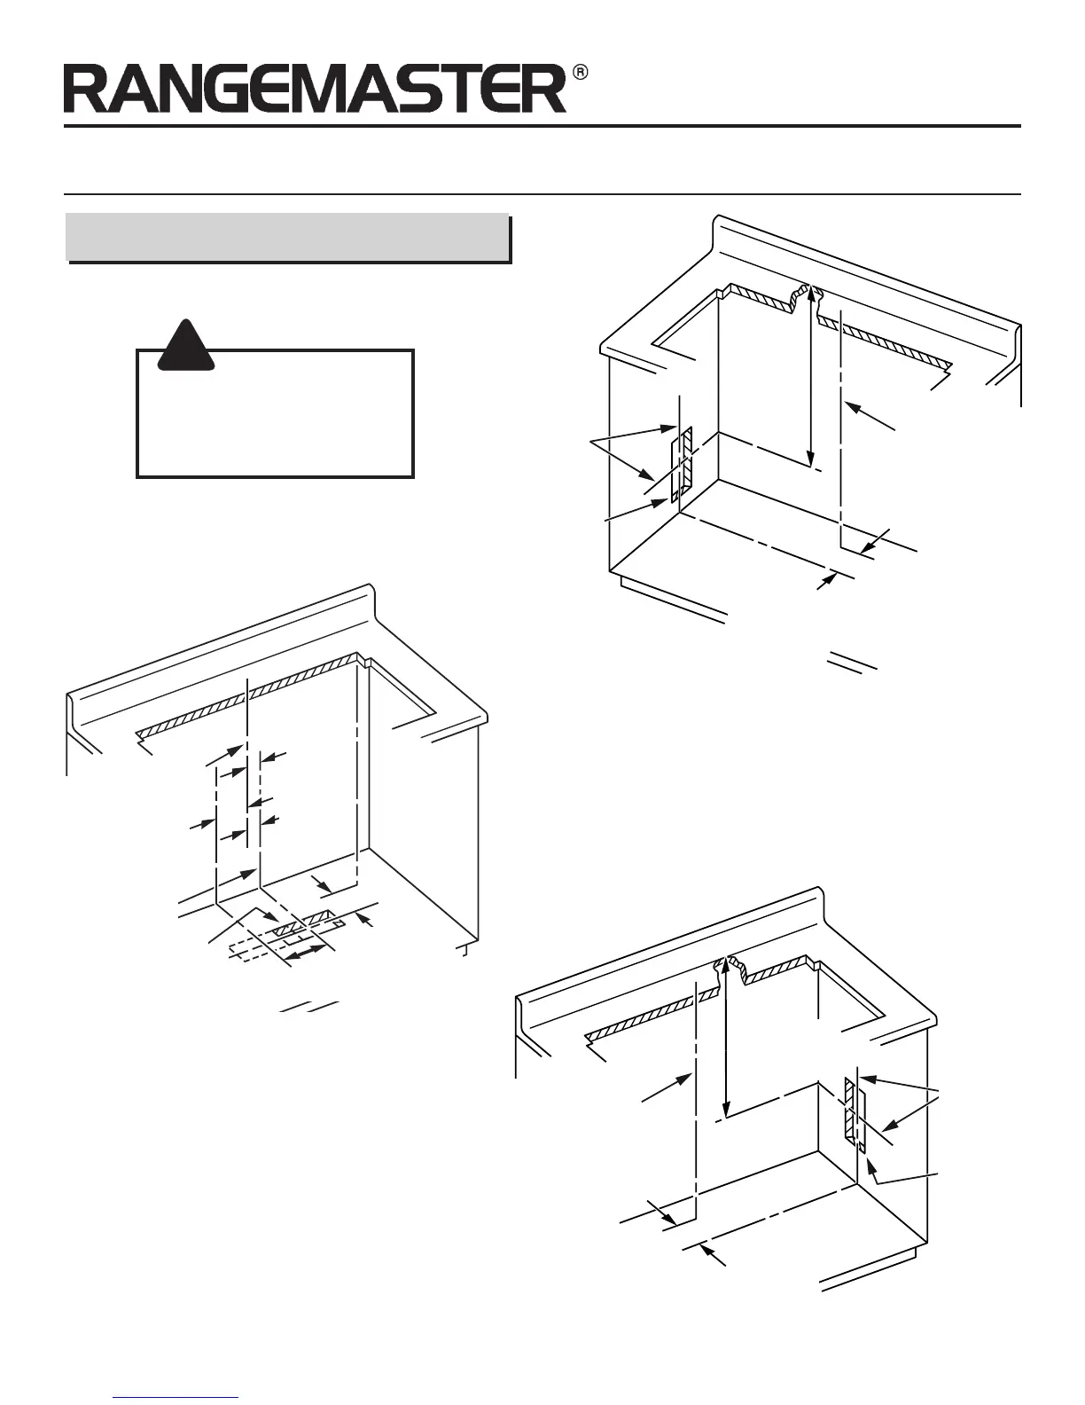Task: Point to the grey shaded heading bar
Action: (x=289, y=238)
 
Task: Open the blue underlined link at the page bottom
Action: (x=176, y=1399)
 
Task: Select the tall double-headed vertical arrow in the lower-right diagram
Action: (x=727, y=1038)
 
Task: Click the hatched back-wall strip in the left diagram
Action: (x=248, y=694)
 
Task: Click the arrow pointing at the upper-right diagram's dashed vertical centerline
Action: (x=869, y=417)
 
